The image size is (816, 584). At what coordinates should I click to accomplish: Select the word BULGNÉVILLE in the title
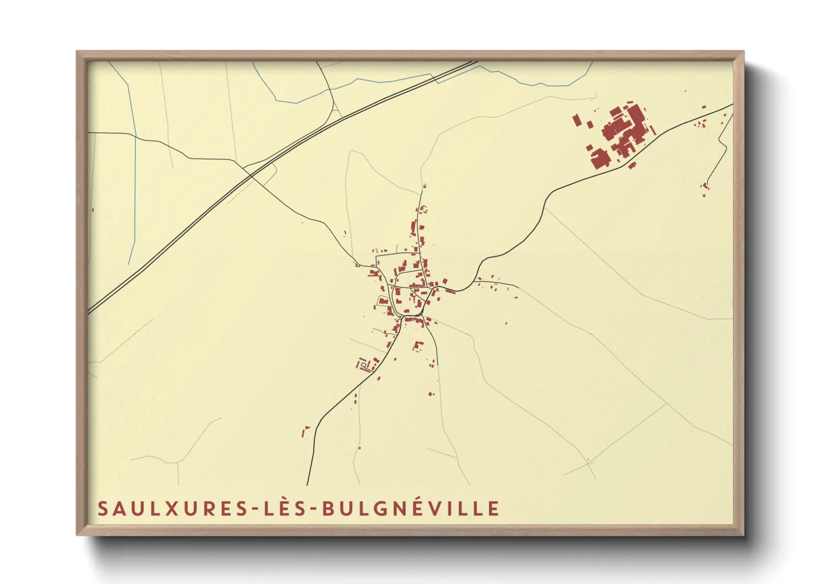tap(410, 508)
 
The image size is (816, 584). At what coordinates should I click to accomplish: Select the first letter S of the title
tap(102, 508)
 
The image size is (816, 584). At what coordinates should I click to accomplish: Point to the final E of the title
tap(494, 508)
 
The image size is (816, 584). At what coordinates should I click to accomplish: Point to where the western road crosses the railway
tap(251, 175)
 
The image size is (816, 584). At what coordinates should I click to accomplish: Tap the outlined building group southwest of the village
tap(366, 364)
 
